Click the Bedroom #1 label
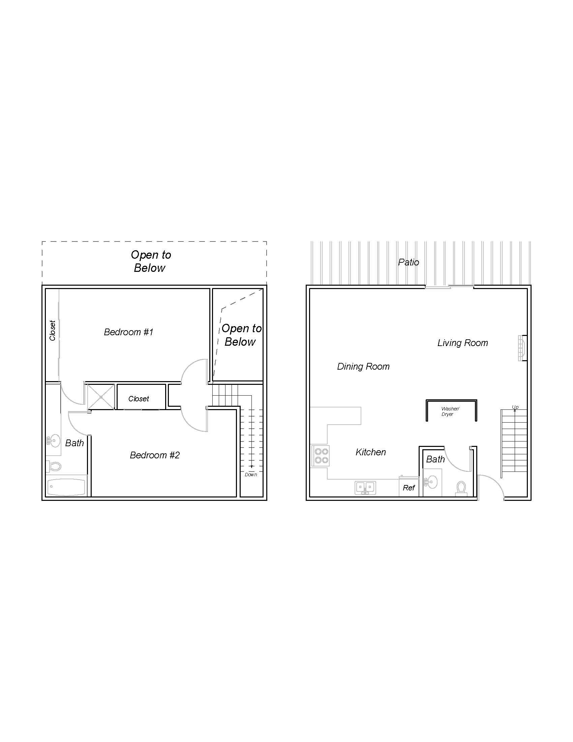click(x=129, y=332)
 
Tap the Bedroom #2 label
click(x=154, y=455)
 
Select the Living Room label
click(x=462, y=343)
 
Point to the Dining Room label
click(x=363, y=366)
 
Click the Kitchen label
click(x=371, y=452)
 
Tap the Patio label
click(x=409, y=262)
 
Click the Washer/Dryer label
click(x=450, y=411)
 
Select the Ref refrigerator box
click(x=409, y=488)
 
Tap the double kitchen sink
click(x=365, y=488)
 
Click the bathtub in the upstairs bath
click(x=66, y=487)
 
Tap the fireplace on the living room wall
click(x=522, y=348)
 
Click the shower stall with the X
click(x=101, y=397)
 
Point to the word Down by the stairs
click(x=251, y=475)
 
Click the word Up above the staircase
click(x=515, y=407)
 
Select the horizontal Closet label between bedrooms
click(x=139, y=399)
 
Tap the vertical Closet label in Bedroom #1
click(x=52, y=330)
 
